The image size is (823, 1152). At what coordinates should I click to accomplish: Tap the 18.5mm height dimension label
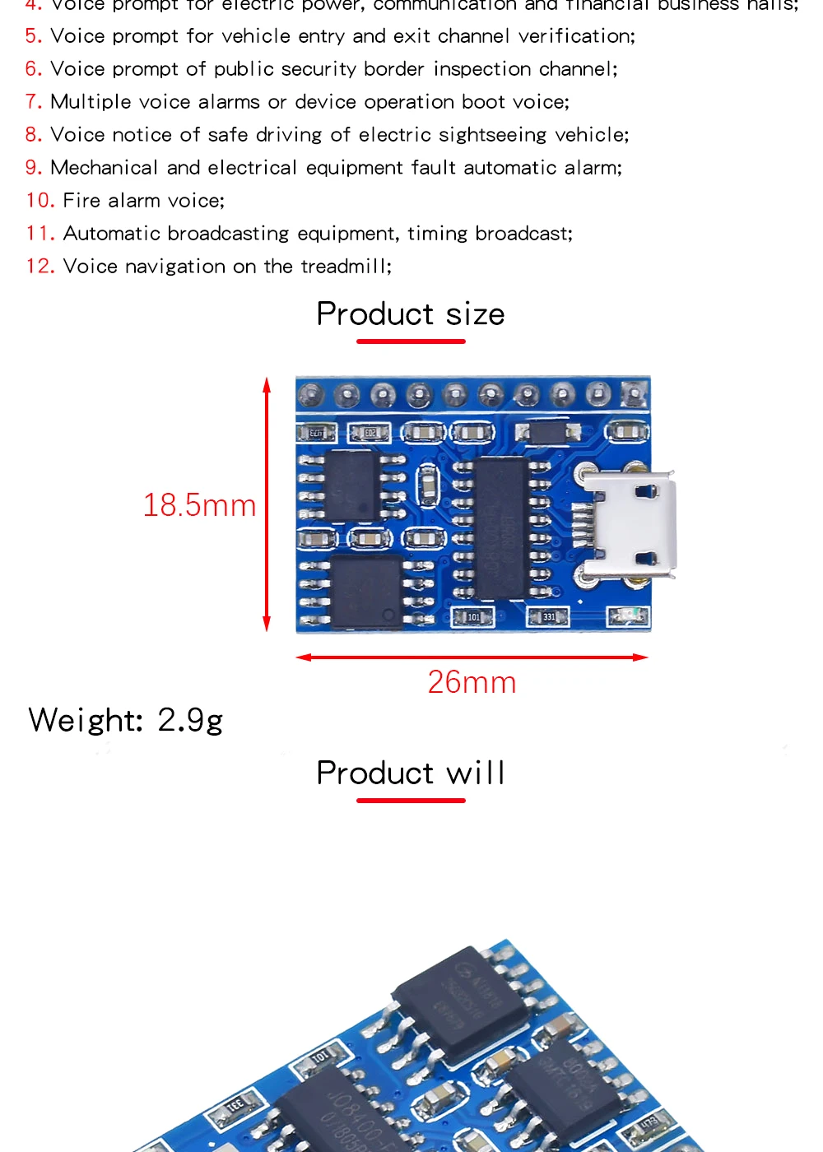pos(199,505)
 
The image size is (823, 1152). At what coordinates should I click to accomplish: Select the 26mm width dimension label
pos(472,682)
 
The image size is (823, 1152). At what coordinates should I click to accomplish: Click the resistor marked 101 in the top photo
pos(473,616)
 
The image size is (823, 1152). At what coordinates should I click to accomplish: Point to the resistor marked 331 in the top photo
pos(548,616)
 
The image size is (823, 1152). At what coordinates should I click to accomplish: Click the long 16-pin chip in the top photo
pos(500,527)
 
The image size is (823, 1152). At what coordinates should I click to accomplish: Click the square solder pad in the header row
pos(634,395)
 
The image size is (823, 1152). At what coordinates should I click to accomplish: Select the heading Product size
pos(411,314)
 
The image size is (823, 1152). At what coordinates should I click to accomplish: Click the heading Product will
pos(411,773)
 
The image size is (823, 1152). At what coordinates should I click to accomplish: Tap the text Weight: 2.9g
pos(125,720)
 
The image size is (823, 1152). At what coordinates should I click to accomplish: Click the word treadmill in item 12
pos(344,267)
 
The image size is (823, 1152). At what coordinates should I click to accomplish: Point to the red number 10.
pos(40,201)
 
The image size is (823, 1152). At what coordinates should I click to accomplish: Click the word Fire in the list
pos(81,201)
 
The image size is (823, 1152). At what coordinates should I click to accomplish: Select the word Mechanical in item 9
pos(104,168)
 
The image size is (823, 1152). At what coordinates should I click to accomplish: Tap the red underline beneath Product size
pos(411,341)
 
